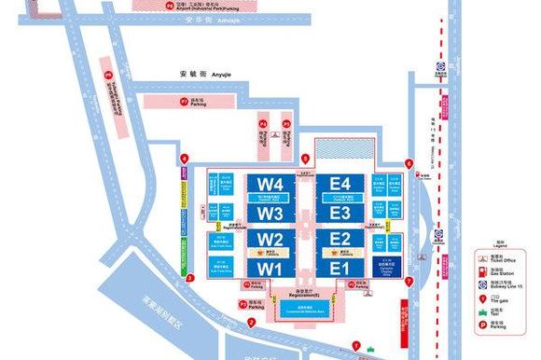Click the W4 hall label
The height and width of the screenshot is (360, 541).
pyautogui.click(x=270, y=185)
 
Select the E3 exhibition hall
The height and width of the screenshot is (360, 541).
pyautogui.click(x=340, y=213)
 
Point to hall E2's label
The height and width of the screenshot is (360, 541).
pyautogui.click(x=340, y=240)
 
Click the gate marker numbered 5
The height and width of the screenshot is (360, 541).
pyautogui.click(x=305, y=159)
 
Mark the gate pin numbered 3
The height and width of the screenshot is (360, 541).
pyautogui.click(x=190, y=277)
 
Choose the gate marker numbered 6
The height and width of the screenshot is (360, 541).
pyautogui.click(x=409, y=165)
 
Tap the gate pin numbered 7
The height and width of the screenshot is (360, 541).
pyautogui.click(x=409, y=280)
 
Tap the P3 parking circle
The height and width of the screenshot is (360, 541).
pyautogui.click(x=243, y=304)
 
